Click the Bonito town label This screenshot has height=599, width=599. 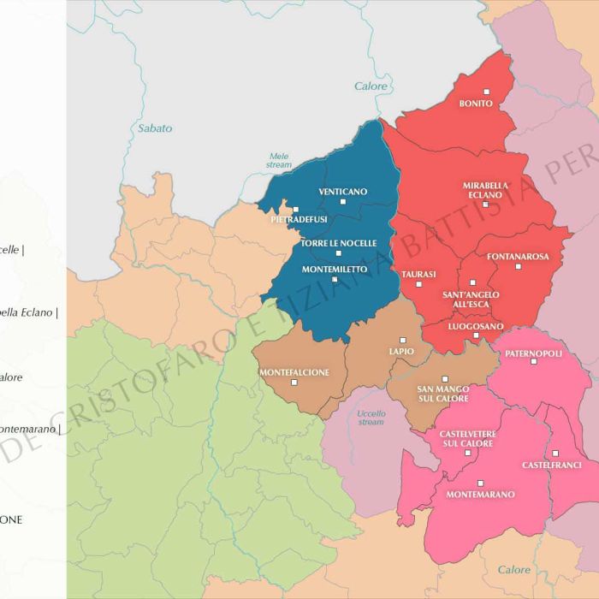[x=476, y=104]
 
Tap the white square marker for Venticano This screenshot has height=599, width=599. [x=343, y=202]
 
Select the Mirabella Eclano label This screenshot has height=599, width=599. [x=485, y=190]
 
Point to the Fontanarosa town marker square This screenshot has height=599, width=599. [x=518, y=266]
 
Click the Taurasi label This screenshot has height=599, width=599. [x=418, y=274]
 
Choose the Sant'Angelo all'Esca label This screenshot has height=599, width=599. [x=471, y=299]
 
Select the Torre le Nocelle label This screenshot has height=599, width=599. [x=338, y=243]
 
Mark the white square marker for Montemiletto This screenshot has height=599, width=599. [x=335, y=279]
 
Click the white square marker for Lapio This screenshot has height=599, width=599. [x=403, y=340]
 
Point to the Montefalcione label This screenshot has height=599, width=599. [x=294, y=372]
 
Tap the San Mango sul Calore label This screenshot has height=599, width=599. [x=442, y=394]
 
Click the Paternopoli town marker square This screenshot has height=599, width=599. [x=533, y=362]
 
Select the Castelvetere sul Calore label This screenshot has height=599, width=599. [x=467, y=439]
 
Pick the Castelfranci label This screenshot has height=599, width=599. [x=551, y=465]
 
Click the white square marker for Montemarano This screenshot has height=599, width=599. [x=480, y=483]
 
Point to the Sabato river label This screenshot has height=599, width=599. [x=155, y=128]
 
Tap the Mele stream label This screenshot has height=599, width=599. [x=279, y=160]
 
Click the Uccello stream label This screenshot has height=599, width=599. [x=371, y=417]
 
